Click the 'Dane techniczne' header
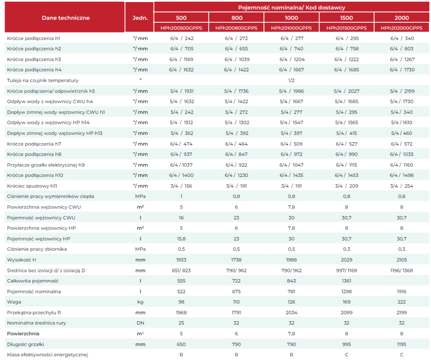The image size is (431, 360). [x=66, y=18]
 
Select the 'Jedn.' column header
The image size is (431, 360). [x=140, y=18]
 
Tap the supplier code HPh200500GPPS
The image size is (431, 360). [x=181, y=28]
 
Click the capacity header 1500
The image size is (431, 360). [x=346, y=18]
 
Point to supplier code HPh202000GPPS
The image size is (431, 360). [x=402, y=28]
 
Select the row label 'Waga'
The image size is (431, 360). [x=14, y=302]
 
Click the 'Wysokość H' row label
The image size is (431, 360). [x=21, y=260]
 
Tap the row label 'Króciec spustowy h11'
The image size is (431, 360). [x=32, y=186]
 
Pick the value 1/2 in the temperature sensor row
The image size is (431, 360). [x=291, y=80]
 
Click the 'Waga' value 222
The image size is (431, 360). [x=402, y=302]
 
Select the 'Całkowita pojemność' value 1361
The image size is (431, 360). [x=346, y=281]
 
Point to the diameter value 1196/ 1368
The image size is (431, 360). [x=402, y=271]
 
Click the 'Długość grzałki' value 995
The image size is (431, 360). [x=346, y=344]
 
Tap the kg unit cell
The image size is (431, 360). [x=140, y=302]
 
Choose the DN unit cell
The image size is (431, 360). [x=140, y=323]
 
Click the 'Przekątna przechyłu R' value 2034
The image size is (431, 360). [x=291, y=312]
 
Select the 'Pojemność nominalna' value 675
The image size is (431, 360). [x=237, y=291]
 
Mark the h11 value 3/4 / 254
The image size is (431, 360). [x=402, y=186]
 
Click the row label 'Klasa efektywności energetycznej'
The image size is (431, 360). [x=48, y=355]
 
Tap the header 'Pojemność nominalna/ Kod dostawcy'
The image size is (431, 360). [x=291, y=8]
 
